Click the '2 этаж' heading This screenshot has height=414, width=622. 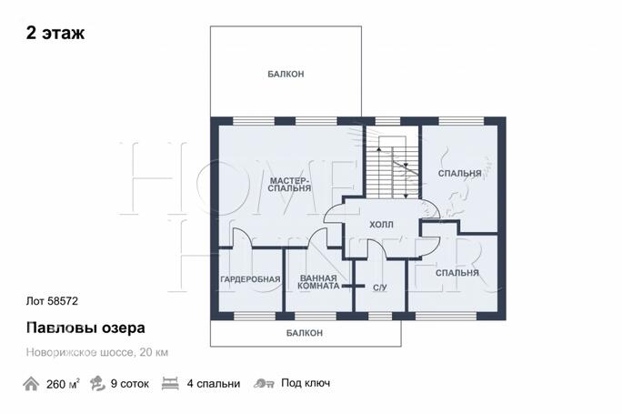click(55, 33)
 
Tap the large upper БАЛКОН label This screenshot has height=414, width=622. click(286, 74)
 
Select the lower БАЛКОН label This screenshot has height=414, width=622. click(305, 333)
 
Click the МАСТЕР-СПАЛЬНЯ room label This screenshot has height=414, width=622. click(289, 185)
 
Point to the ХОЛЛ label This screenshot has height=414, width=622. click(381, 225)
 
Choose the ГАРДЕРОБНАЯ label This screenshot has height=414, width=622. click(250, 279)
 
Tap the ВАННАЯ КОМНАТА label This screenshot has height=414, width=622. click(318, 282)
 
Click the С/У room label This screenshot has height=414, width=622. click(379, 288)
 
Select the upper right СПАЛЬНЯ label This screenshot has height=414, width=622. click(459, 174)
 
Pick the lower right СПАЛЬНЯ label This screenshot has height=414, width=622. click(457, 273)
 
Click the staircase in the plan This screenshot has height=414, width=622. click(392, 167)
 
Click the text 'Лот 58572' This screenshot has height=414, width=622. click(52, 301)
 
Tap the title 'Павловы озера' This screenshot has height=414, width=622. click(85, 328)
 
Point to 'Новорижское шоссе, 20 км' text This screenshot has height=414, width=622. click(97, 352)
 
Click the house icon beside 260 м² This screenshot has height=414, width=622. click(31, 384)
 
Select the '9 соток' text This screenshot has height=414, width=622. click(130, 384)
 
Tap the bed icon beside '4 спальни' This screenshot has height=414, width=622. click(170, 384)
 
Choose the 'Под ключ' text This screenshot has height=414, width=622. click(306, 383)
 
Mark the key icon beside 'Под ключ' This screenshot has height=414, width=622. click(264, 383)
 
